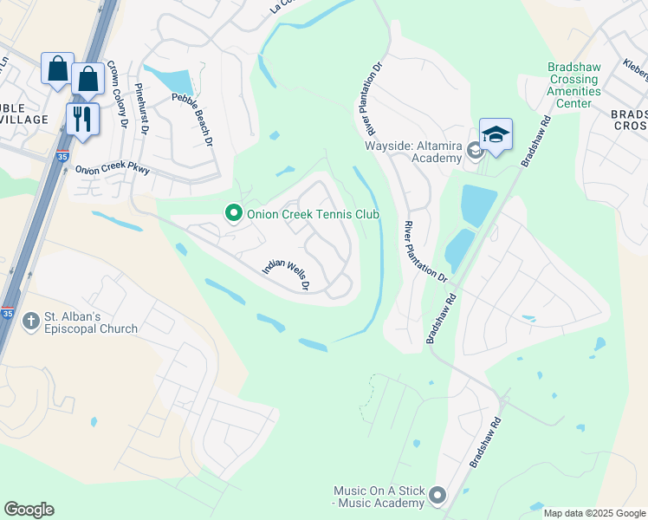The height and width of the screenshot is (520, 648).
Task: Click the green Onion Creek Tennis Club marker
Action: point(232,212)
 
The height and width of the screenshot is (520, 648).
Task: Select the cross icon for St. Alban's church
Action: point(30,322)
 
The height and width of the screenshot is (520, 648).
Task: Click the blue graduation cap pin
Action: point(496,135)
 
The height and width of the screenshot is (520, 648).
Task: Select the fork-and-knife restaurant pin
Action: point(82,119)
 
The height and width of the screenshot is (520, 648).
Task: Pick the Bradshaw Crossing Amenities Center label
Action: point(573,85)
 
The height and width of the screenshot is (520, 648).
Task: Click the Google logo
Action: point(29,510)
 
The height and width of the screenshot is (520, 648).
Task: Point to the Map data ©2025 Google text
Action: point(593,513)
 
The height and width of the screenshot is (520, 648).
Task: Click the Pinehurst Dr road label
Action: point(141,108)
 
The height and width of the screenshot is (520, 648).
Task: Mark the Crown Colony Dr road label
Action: point(118,95)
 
